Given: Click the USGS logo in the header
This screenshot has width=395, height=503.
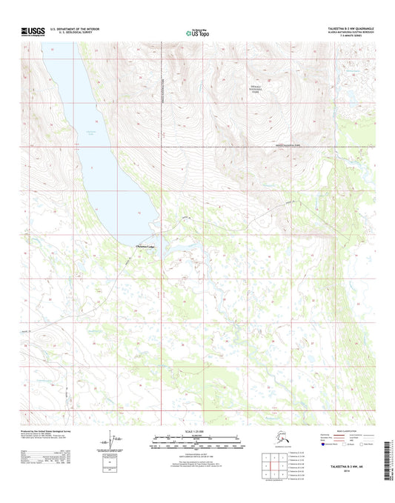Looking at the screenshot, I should click(31, 32).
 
